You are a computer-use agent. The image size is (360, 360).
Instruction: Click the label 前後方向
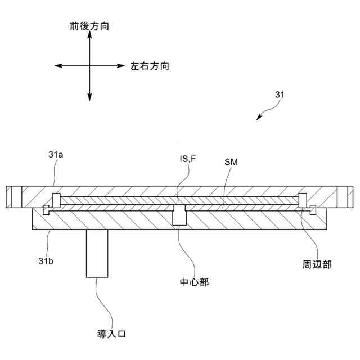pos(89,26)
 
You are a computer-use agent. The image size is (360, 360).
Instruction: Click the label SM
pos(231,163)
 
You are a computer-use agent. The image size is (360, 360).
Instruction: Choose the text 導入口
pos(110,334)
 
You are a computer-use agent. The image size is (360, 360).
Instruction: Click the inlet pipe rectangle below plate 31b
pos(97,253)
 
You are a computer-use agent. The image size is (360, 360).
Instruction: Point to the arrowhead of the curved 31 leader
pos(259,118)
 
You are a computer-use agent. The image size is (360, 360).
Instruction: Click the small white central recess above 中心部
pos(179,215)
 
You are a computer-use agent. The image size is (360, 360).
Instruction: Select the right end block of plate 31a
pos(345,196)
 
